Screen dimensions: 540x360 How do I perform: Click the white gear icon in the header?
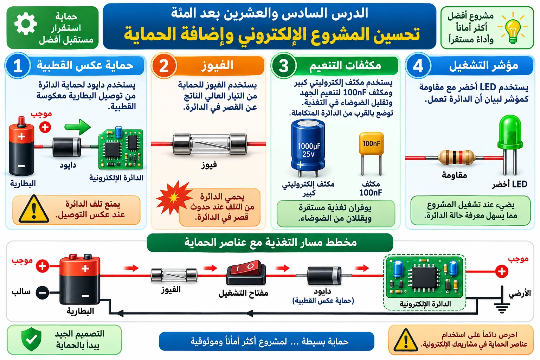pyautogui.click(x=26, y=24)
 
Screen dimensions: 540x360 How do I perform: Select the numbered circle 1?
pyautogui.click(x=18, y=66)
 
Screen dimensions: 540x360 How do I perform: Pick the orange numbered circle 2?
pyautogui.click(x=164, y=66)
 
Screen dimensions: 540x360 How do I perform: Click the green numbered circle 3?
pyautogui.click(x=284, y=66)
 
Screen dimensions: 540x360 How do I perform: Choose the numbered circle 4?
pyautogui.click(x=418, y=66)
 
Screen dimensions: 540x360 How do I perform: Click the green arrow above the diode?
pyautogui.click(x=78, y=127)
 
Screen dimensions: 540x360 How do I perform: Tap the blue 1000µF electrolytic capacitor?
pyautogui.click(x=308, y=148)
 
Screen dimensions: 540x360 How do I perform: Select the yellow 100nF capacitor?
pyautogui.click(x=371, y=153)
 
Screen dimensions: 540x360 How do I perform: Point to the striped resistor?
pyautogui.click(x=457, y=157)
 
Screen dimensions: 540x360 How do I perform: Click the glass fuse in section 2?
pyautogui.click(x=210, y=144)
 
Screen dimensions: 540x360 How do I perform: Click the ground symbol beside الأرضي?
pyautogui.click(x=502, y=300)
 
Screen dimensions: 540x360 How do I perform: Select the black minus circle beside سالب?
pyautogui.click(x=43, y=293)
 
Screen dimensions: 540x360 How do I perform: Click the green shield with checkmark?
pyautogui.click(x=31, y=339)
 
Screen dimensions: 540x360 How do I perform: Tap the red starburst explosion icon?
pyautogui.click(x=174, y=198)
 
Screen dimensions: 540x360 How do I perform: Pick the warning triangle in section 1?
pyautogui.click(x=34, y=209)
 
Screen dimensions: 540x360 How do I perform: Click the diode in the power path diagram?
pyautogui.click(x=324, y=275)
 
